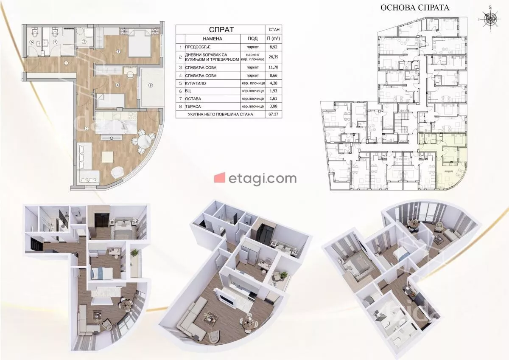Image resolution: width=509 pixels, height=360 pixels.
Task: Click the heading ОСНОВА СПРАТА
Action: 415,8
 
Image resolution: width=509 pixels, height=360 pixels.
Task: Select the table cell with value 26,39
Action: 273,57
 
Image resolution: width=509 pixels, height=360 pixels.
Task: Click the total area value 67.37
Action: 273,114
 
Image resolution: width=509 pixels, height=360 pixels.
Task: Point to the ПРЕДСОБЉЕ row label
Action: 198,47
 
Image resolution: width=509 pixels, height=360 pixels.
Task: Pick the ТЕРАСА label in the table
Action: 193,107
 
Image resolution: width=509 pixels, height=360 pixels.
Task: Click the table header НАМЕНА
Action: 213,39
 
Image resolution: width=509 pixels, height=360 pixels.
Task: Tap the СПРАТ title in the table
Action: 221,30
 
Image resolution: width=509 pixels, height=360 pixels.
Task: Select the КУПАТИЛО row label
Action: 196,84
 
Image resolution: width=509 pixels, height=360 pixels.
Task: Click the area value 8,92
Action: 273,47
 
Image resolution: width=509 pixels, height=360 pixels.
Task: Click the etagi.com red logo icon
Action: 220,177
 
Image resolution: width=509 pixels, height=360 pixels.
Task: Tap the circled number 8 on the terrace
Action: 150,85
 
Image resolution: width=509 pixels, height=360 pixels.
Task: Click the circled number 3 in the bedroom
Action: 118,52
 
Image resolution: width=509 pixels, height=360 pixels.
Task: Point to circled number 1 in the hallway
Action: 66,63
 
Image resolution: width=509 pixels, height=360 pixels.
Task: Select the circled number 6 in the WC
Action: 31,42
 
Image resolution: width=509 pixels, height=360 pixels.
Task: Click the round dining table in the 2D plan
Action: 143,139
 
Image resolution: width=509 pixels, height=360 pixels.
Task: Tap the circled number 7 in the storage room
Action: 84,42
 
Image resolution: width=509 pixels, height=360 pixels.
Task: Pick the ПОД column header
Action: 252,39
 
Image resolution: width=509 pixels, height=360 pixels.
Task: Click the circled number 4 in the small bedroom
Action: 117,85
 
